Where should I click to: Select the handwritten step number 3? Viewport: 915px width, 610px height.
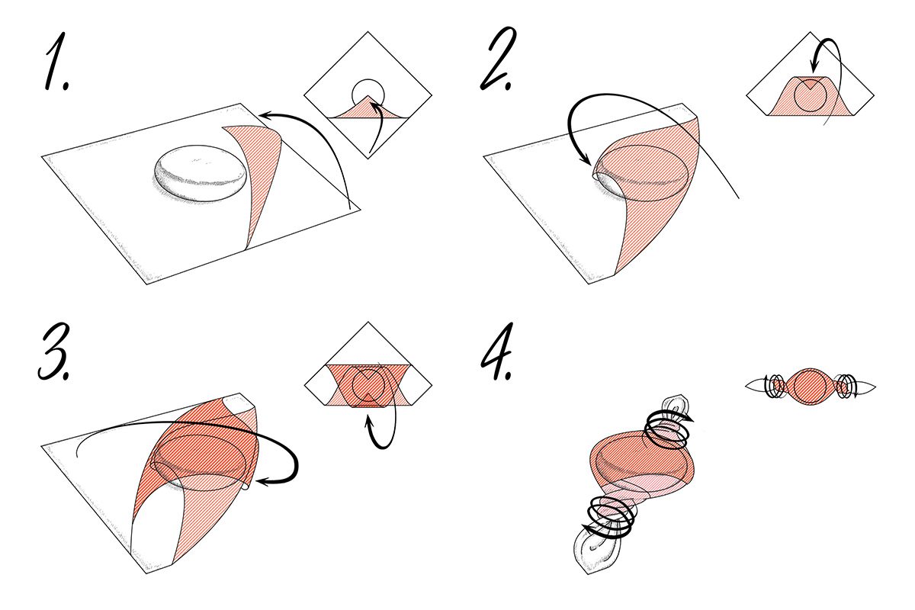(55, 352)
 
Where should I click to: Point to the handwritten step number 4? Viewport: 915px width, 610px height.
(496, 352)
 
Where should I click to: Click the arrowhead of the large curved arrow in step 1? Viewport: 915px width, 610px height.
(265, 116)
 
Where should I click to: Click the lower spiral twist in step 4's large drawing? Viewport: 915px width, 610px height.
(610, 517)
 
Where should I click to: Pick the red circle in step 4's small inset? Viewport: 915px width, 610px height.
(811, 386)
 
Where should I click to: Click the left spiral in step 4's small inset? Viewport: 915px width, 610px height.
(775, 386)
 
